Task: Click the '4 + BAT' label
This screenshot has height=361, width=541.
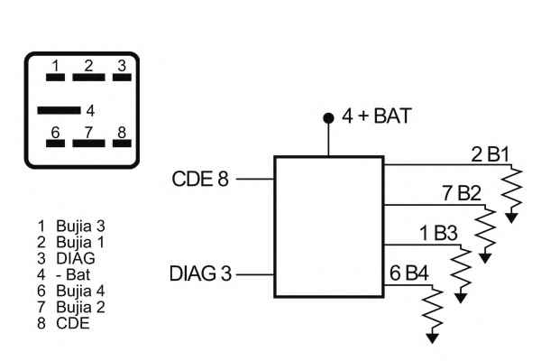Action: pyautogui.click(x=377, y=116)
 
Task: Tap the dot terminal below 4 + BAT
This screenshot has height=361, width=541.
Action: pyautogui.click(x=328, y=119)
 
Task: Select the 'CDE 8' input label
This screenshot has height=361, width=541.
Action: pyautogui.click(x=199, y=179)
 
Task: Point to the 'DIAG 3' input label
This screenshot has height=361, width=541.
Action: pyautogui.click(x=199, y=273)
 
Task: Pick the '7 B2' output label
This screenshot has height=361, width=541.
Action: pyautogui.click(x=461, y=193)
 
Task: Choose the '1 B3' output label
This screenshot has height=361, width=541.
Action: pyautogui.click(x=438, y=233)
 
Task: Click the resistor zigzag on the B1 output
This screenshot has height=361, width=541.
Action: pyautogui.click(x=513, y=189)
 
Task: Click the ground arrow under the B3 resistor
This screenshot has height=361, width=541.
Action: pyautogui.click(x=463, y=297)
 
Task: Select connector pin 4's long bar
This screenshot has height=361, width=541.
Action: pyautogui.click(x=58, y=110)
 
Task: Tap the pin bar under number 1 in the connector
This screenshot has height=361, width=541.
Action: pyautogui.click(x=55, y=78)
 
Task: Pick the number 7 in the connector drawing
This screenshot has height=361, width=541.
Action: pyautogui.click(x=88, y=133)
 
